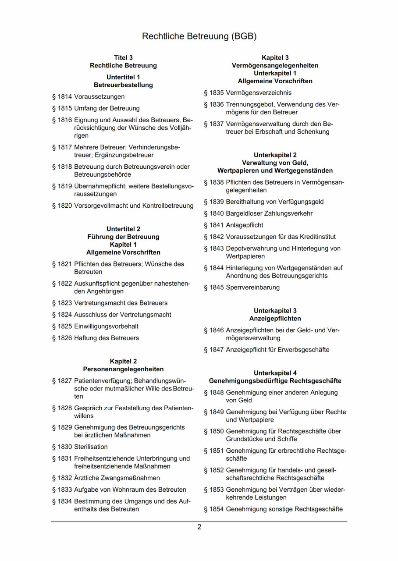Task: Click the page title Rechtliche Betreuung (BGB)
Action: point(199,36)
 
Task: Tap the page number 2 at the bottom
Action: point(199,527)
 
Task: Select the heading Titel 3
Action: point(123,57)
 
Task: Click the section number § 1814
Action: point(62,96)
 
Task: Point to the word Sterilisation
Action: point(91,447)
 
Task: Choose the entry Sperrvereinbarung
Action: point(252,288)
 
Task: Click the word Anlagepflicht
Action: point(245,225)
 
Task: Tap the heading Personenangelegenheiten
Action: point(123,369)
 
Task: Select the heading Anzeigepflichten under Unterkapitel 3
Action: point(275,319)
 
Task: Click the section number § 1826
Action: point(62,338)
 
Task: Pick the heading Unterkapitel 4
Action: point(275,373)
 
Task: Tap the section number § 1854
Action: point(213,509)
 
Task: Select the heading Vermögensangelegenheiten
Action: point(275,65)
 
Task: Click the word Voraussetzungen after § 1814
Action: point(99,96)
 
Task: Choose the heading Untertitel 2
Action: point(123,229)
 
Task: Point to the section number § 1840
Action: point(213,213)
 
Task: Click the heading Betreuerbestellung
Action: point(123,85)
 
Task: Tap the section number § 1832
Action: point(62,478)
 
